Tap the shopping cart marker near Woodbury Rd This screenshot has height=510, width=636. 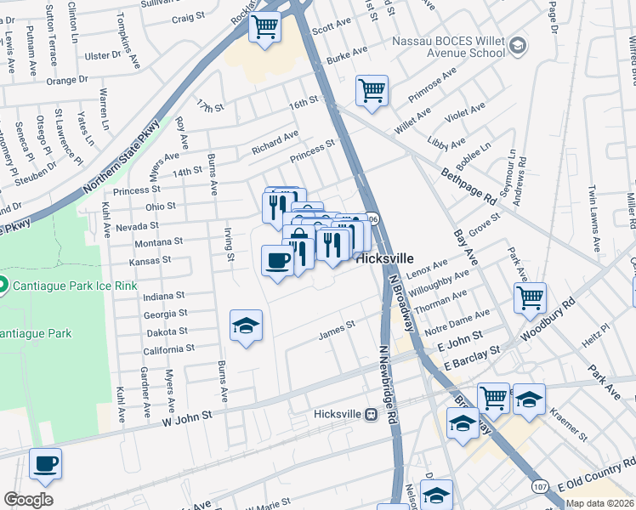530,297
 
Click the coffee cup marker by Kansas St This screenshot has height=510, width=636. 277,258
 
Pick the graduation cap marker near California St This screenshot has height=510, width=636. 247,326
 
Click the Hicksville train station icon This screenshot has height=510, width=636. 371,415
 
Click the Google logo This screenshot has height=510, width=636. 28,500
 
